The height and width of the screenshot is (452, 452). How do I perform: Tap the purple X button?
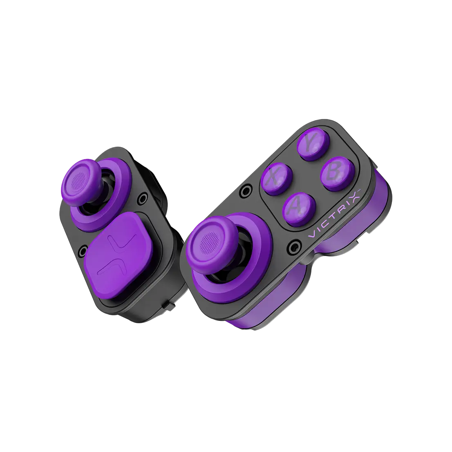point(277,179)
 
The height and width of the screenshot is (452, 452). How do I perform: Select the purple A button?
point(299,209)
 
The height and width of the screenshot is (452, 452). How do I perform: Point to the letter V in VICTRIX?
point(312,234)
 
